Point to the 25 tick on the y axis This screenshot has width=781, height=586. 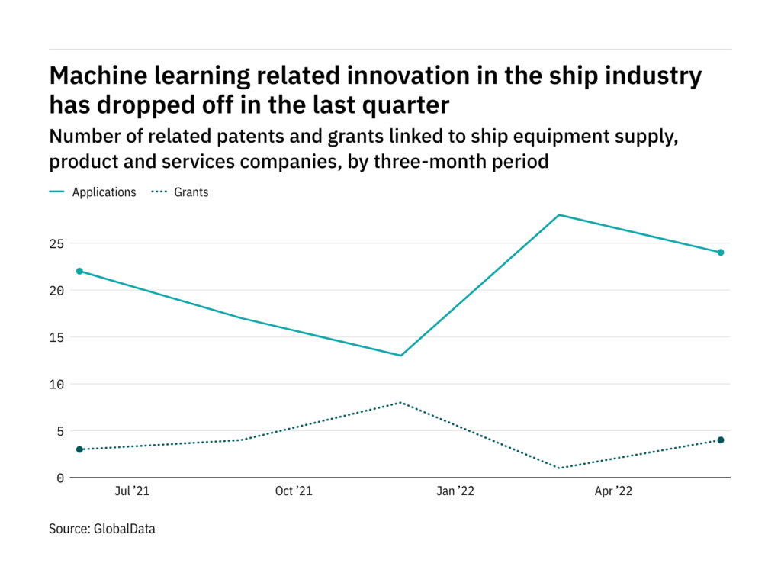point(57,243)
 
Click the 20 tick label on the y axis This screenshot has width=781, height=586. point(57,291)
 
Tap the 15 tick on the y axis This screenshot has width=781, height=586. point(57,337)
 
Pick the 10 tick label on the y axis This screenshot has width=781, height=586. point(57,384)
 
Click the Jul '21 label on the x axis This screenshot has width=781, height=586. point(131,492)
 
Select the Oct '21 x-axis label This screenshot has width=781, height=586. point(294,492)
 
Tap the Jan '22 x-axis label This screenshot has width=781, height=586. point(455,492)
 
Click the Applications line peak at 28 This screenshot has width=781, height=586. point(560,215)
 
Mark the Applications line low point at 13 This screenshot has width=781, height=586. point(400,356)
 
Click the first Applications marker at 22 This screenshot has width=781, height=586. point(79,271)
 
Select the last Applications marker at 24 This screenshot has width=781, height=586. point(721,253)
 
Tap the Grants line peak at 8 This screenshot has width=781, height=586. point(400,402)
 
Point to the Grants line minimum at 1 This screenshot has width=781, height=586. point(560,468)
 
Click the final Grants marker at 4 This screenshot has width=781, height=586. point(721,440)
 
